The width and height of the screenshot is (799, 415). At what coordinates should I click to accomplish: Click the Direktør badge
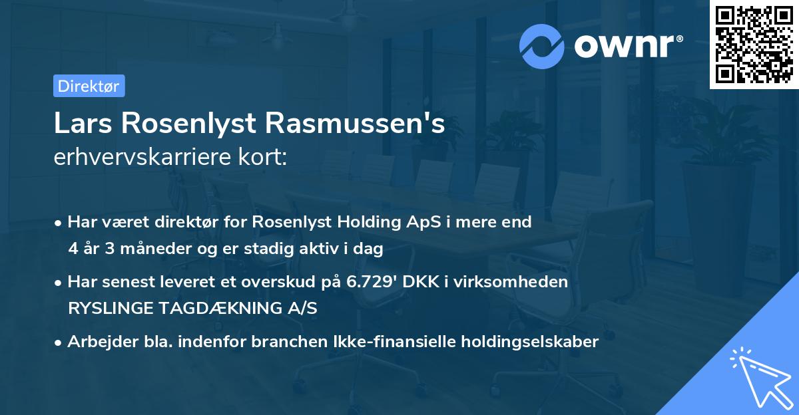pyautogui.click(x=89, y=86)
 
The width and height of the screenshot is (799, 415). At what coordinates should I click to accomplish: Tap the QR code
pyautogui.click(x=753, y=45)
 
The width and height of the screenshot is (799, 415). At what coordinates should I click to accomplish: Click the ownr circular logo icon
pyautogui.click(x=543, y=46)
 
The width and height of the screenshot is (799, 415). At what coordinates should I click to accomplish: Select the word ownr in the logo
pyautogui.click(x=625, y=46)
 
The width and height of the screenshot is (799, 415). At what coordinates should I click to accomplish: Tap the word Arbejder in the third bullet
pyautogui.click(x=97, y=342)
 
